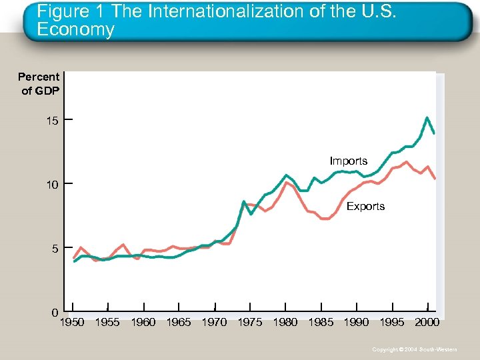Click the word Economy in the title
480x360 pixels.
coord(75,30)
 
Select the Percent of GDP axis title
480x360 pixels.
coord(39,83)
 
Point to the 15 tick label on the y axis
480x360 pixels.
coord(52,121)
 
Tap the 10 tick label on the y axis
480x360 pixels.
coord(52,184)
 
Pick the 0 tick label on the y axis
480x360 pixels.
coord(55,313)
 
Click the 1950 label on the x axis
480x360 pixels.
coord(72,323)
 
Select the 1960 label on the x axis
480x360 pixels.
coord(143,323)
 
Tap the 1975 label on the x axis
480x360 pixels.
coord(249,323)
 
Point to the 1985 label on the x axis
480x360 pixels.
coord(321,323)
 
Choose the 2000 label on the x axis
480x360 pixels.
coord(427,323)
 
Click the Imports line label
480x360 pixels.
coord(348,161)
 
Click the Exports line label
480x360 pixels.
coord(365,207)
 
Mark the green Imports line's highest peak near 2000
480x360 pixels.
coord(427,118)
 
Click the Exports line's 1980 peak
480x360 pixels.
coord(286,181)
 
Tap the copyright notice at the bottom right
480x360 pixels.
coord(415,349)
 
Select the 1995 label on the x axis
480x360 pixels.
coord(391,323)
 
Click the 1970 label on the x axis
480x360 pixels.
coord(214,323)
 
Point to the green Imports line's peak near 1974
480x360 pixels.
coord(244,201)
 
